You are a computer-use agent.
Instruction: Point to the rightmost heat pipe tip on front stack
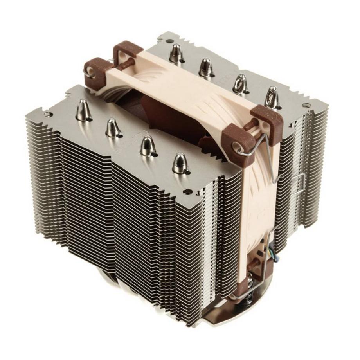pyautogui.click(x=180, y=162)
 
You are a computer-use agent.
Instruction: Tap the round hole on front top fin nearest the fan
pyautogui.click(x=189, y=192)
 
